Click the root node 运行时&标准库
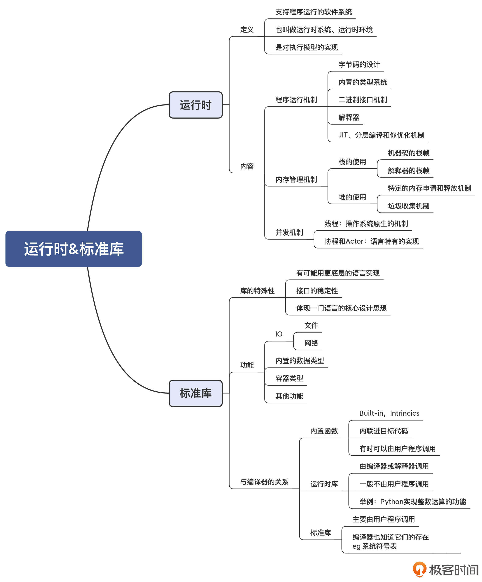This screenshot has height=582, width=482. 73,249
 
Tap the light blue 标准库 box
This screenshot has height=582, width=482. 196,393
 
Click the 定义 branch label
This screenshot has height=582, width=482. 246,30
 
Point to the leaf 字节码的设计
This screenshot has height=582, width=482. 359,65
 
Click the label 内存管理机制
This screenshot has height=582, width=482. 296,180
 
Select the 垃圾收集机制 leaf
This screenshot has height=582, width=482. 408,206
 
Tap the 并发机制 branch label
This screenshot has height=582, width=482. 289,232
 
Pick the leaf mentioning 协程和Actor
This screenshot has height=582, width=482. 371,241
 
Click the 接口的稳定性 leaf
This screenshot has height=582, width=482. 317,291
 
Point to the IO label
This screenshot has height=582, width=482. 279,334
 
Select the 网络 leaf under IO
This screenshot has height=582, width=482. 311,343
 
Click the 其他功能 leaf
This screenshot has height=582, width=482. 289,396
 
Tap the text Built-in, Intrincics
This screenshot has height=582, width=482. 389,413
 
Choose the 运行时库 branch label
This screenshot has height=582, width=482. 324,484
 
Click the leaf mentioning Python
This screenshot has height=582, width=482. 412,502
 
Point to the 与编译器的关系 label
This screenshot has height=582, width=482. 264,482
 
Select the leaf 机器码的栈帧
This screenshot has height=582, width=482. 408,153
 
